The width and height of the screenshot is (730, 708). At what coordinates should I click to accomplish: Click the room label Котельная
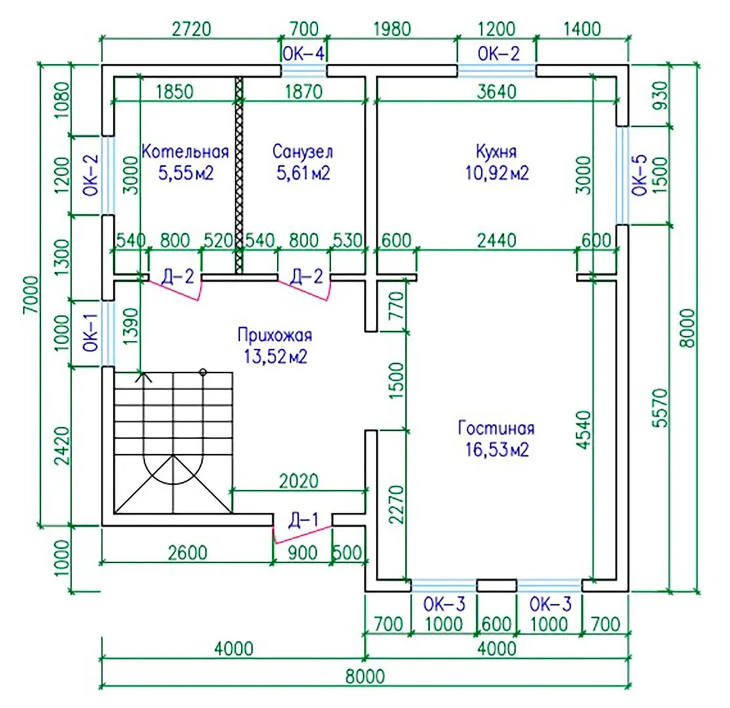click(185, 152)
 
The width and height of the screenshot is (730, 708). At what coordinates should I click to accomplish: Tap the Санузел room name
click(302, 152)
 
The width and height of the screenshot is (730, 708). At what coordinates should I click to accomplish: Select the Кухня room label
click(497, 152)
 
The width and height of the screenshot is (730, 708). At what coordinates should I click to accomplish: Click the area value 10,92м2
click(497, 174)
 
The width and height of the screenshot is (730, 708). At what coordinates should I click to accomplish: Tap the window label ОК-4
click(303, 53)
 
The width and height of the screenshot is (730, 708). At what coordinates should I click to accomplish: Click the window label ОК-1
click(90, 332)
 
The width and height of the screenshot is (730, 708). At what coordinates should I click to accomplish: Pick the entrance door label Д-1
click(303, 521)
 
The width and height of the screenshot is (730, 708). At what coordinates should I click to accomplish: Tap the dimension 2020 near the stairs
click(298, 481)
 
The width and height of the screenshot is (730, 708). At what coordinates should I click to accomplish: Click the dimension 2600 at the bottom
click(186, 553)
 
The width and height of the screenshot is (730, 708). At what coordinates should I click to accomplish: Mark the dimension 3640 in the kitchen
click(497, 91)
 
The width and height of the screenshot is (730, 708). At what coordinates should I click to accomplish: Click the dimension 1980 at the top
click(392, 29)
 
